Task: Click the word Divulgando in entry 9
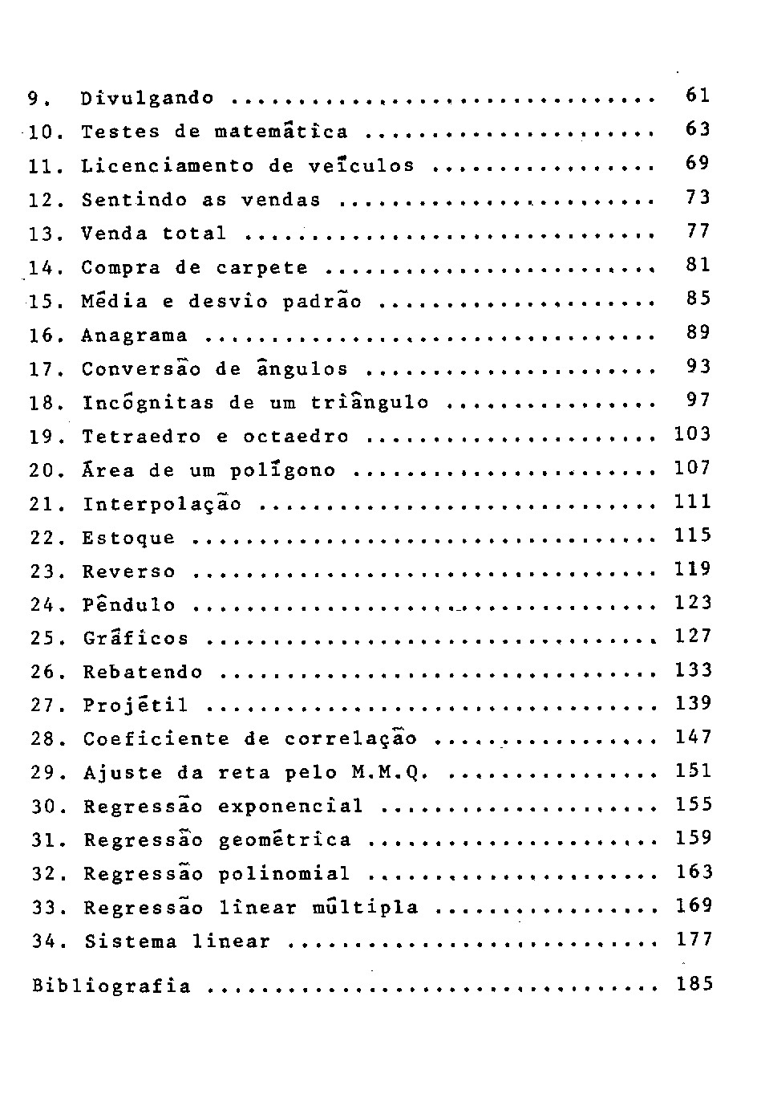click(148, 99)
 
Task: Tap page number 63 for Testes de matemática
click(698, 128)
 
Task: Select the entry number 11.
click(40, 167)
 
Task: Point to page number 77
click(698, 231)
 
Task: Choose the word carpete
click(261, 268)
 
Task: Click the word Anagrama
click(135, 335)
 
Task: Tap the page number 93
click(698, 366)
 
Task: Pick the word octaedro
click(296, 437)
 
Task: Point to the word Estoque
click(128, 538)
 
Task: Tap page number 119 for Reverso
click(693, 569)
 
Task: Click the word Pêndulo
click(128, 604)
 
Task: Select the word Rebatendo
click(143, 672)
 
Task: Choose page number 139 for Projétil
click(693, 703)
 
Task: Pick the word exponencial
click(290, 806)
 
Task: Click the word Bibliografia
click(111, 986)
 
